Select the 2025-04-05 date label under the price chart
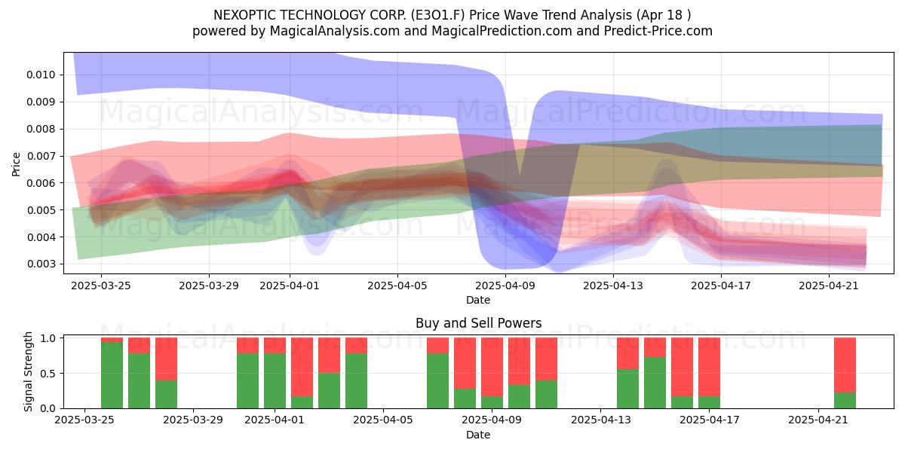(x=397, y=286)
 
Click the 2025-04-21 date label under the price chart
(x=829, y=286)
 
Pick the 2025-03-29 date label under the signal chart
(x=193, y=420)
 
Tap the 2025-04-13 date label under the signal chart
(x=601, y=420)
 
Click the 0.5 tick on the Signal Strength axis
(x=48, y=374)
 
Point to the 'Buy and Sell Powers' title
(x=478, y=323)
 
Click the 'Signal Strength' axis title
(x=28, y=371)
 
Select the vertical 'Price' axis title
(x=16, y=164)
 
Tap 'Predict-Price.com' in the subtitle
(x=658, y=31)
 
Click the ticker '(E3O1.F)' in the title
(x=437, y=15)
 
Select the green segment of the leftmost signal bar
(x=112, y=375)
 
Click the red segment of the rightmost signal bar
(x=845, y=365)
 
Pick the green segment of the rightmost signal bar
(x=845, y=400)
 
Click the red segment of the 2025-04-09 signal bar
(x=492, y=367)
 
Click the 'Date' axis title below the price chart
(x=478, y=301)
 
